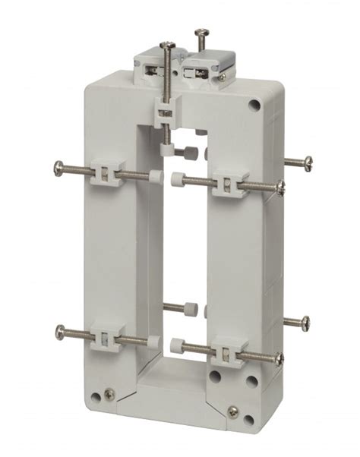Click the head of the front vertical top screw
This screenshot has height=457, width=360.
click(167, 47)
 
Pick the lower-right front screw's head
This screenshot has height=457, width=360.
click(280, 358)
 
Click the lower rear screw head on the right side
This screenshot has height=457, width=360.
click(306, 323)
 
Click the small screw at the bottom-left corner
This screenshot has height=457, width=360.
click(111, 393)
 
